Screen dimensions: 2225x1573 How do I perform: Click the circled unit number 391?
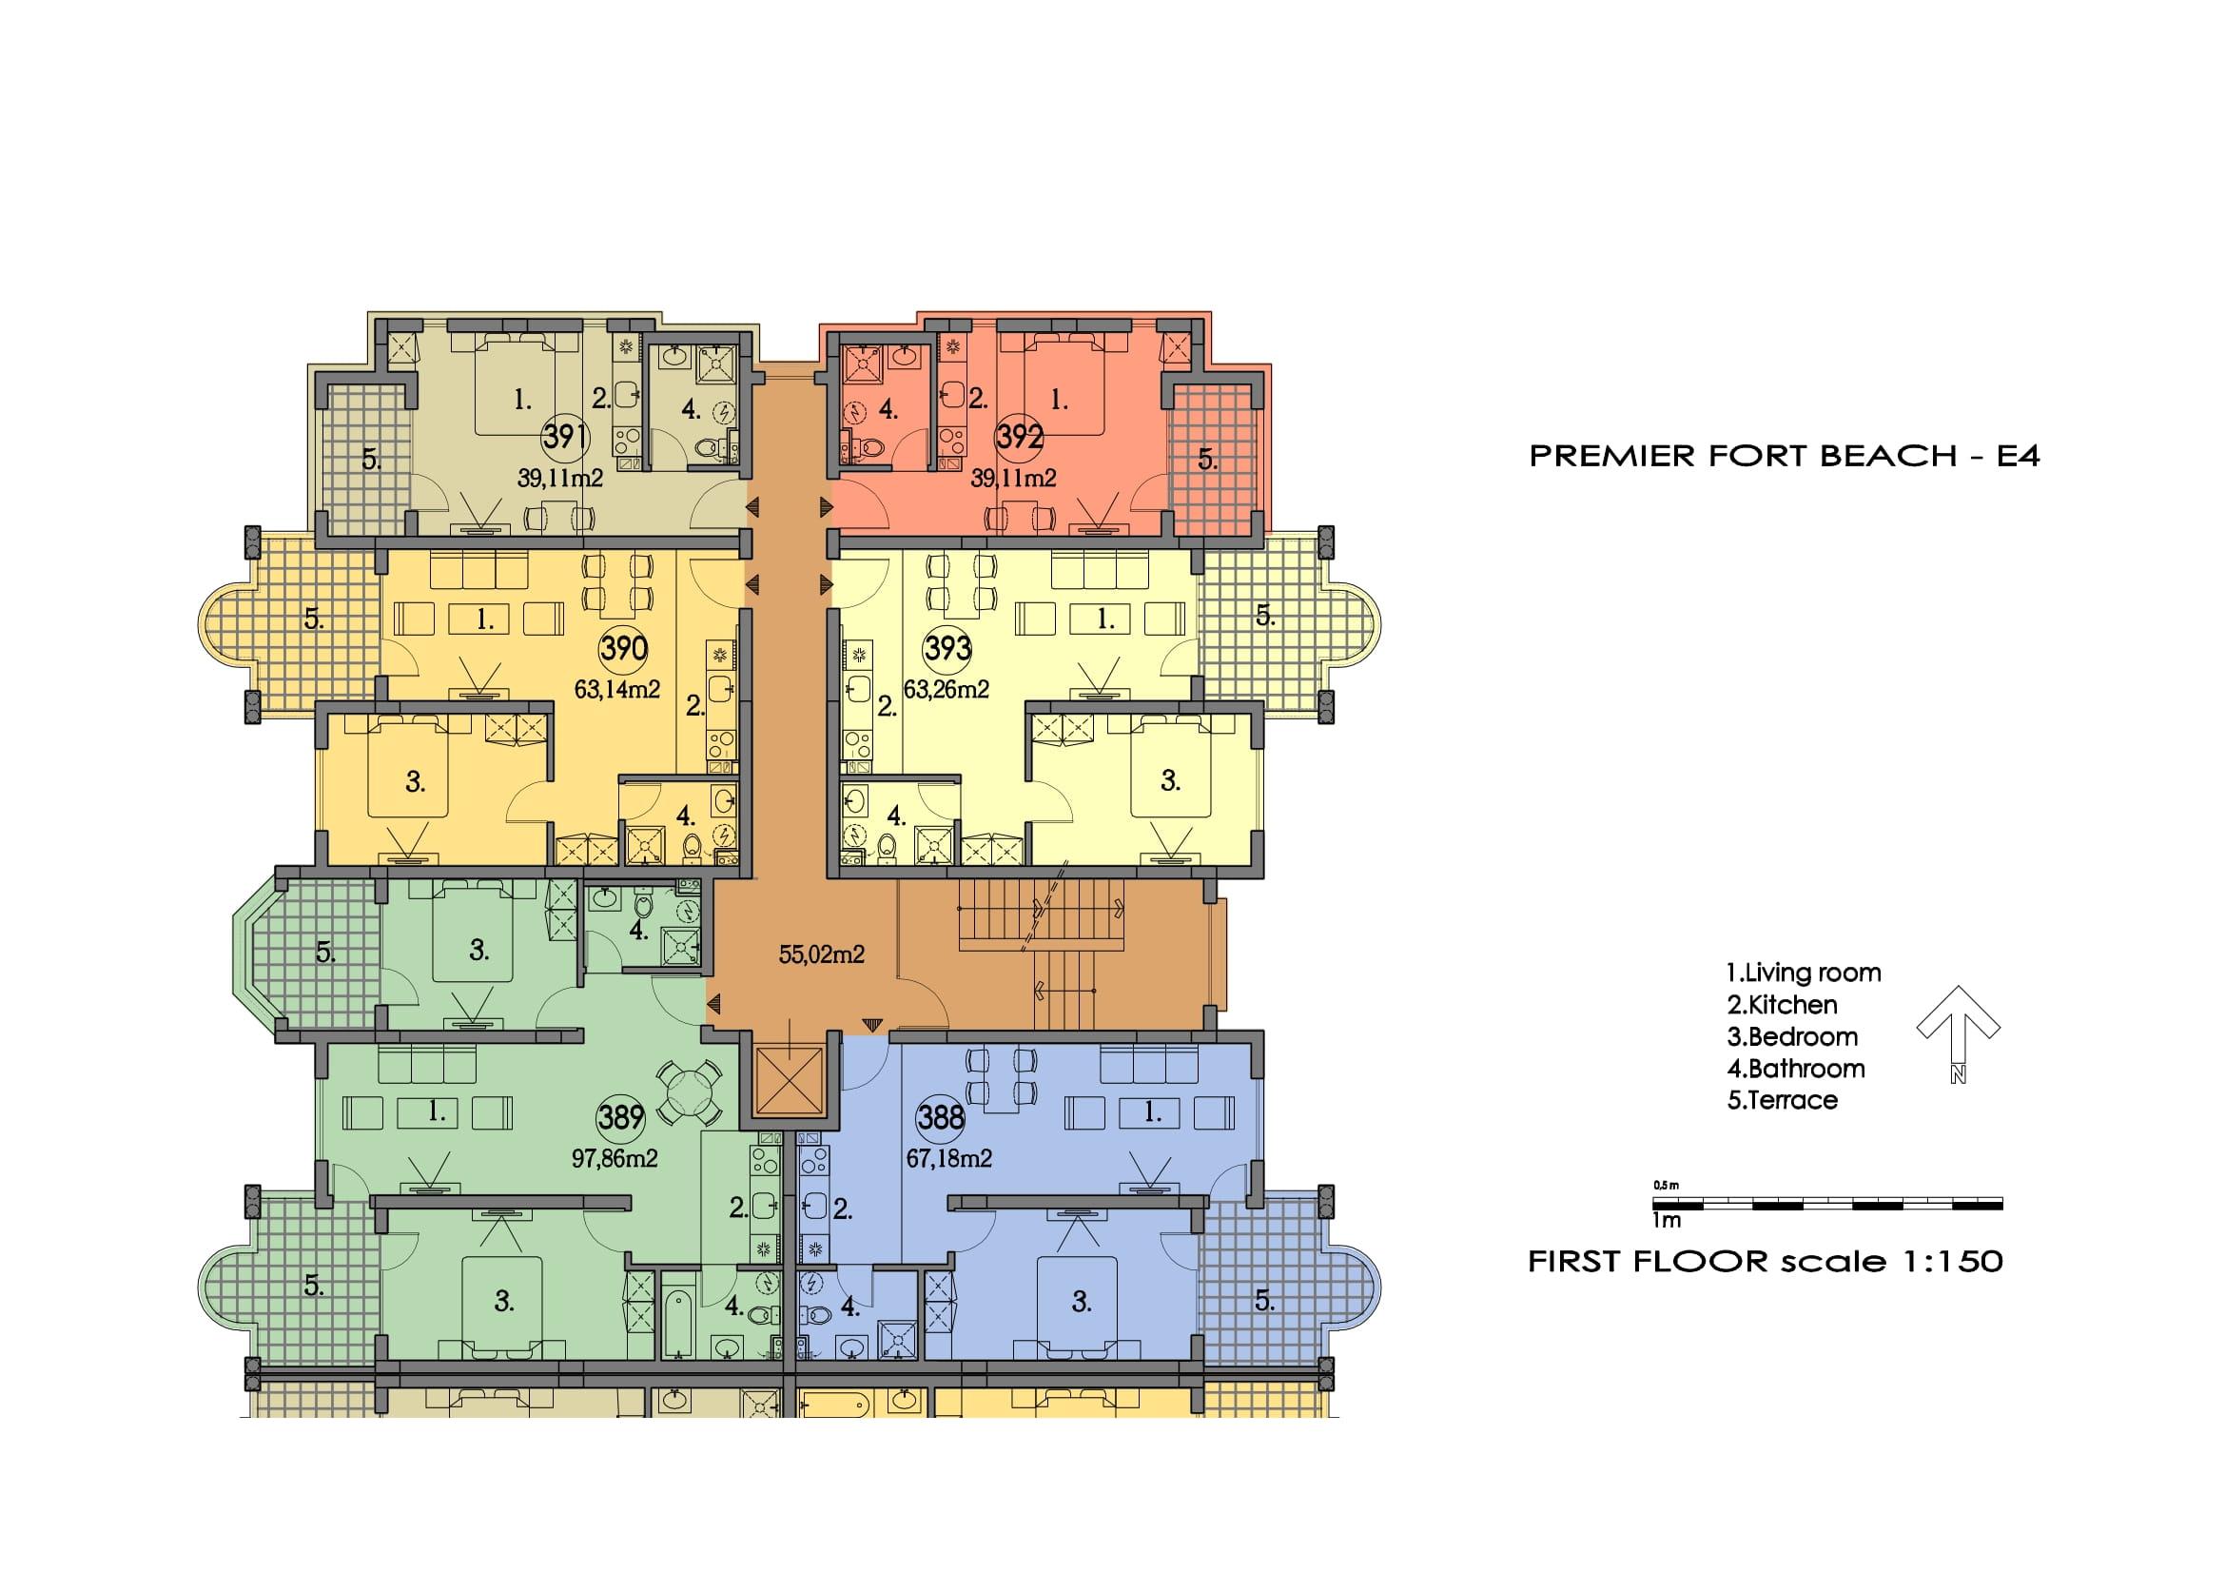pos(563,437)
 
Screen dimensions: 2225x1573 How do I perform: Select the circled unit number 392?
pos(1020,437)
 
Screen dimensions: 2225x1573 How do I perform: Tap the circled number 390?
pos(623,648)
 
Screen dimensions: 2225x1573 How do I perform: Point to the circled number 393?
pos(947,648)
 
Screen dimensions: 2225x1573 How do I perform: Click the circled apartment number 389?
pos(621,1117)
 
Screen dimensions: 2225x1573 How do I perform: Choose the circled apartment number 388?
pos(941,1117)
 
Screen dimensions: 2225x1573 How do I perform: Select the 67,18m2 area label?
pos(948,1158)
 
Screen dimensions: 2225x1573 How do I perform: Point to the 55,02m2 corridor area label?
pos(821,954)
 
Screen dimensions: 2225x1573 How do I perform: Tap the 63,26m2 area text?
pos(946,689)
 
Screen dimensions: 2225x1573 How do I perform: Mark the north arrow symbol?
pos(1959,1033)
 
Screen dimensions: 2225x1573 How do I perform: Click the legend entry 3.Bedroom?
pos(1792,1037)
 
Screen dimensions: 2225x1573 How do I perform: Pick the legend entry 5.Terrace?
pos(1782,1100)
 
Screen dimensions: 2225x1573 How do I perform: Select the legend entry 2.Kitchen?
pos(1782,1005)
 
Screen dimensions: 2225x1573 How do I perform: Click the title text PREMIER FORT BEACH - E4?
pos(1784,457)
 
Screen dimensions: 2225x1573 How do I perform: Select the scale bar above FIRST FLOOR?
pos(1827,1205)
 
